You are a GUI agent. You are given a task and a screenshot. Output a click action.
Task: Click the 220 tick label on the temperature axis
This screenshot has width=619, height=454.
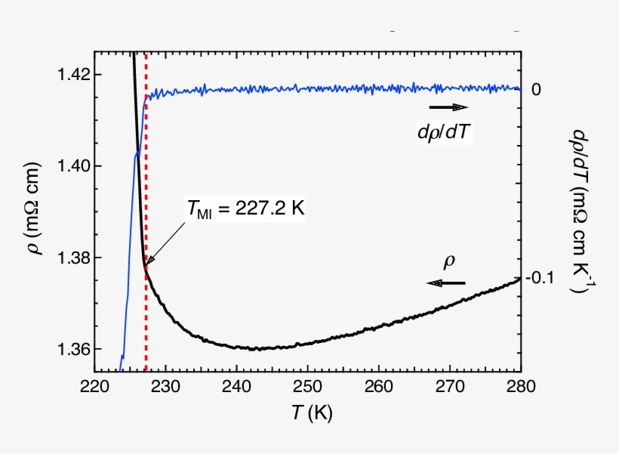pyautogui.click(x=94, y=388)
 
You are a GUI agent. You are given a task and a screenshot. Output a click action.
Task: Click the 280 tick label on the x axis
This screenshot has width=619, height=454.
pyautogui.click(x=520, y=388)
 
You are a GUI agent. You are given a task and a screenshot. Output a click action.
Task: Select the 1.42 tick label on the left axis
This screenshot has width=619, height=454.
pyautogui.click(x=72, y=74)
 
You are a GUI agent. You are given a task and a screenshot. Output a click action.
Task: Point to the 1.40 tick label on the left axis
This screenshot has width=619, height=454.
pyautogui.click(x=72, y=165)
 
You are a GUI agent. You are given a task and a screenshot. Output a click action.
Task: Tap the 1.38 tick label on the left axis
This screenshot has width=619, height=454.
pyautogui.click(x=72, y=258)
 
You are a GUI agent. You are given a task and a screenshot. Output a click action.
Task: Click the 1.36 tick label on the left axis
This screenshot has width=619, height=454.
pyautogui.click(x=72, y=350)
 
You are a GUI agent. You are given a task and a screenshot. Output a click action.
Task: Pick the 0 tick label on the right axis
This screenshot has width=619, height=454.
pyautogui.click(x=536, y=89)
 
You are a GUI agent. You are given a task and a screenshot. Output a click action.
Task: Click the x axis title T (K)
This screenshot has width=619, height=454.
pyautogui.click(x=306, y=413)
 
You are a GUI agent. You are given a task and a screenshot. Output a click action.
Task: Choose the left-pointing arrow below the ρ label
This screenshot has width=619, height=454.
pyautogui.click(x=446, y=283)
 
